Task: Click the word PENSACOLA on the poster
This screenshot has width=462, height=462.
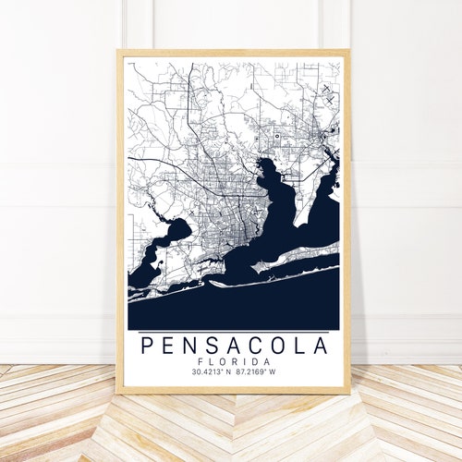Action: pos(233,346)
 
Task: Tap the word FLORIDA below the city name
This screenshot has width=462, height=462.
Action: pos(233,361)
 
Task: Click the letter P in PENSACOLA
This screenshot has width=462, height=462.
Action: pos(146,346)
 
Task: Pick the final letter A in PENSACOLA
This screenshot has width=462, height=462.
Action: pos(320,346)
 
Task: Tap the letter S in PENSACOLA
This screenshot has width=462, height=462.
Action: pos(211,346)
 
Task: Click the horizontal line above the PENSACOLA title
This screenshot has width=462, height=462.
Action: pos(233,331)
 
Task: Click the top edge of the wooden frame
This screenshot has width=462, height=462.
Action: pos(233,53)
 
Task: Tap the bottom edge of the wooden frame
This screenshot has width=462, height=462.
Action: pos(233,390)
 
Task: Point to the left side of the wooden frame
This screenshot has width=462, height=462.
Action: pos(119,222)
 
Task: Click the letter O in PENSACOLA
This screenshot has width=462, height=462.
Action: pos(276,346)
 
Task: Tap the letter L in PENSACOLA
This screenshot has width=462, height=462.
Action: pos(298,346)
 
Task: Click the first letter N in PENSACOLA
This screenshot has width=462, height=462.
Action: pos(189,346)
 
